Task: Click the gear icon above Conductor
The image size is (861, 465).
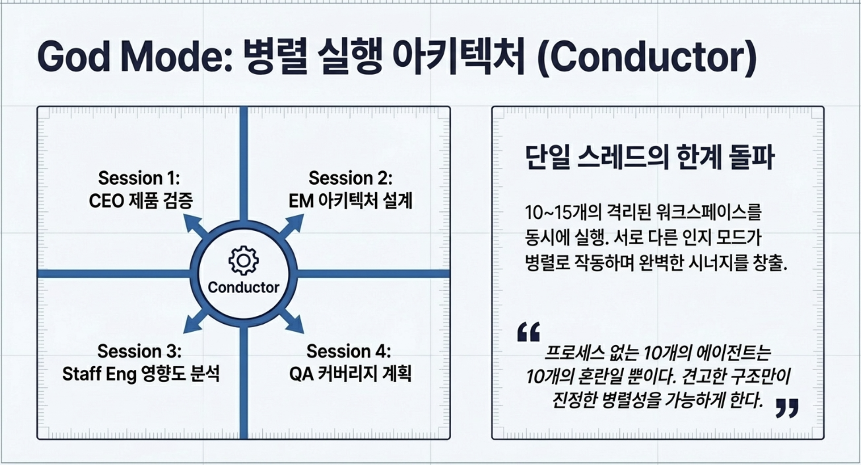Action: (x=244, y=261)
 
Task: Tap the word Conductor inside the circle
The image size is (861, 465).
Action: (x=243, y=287)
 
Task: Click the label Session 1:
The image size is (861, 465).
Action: (x=139, y=178)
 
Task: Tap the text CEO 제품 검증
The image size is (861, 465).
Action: (x=141, y=201)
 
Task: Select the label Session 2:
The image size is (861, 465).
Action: (x=350, y=178)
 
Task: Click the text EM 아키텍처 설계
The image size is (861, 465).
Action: (x=351, y=201)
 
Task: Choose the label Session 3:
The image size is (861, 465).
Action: (x=139, y=351)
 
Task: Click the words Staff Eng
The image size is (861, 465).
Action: (x=99, y=374)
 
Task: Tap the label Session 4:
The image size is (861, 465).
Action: (x=348, y=351)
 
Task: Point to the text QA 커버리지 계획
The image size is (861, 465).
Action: (x=350, y=374)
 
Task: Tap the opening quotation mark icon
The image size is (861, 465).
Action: (x=529, y=332)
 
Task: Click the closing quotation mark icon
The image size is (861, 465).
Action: (x=787, y=408)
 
